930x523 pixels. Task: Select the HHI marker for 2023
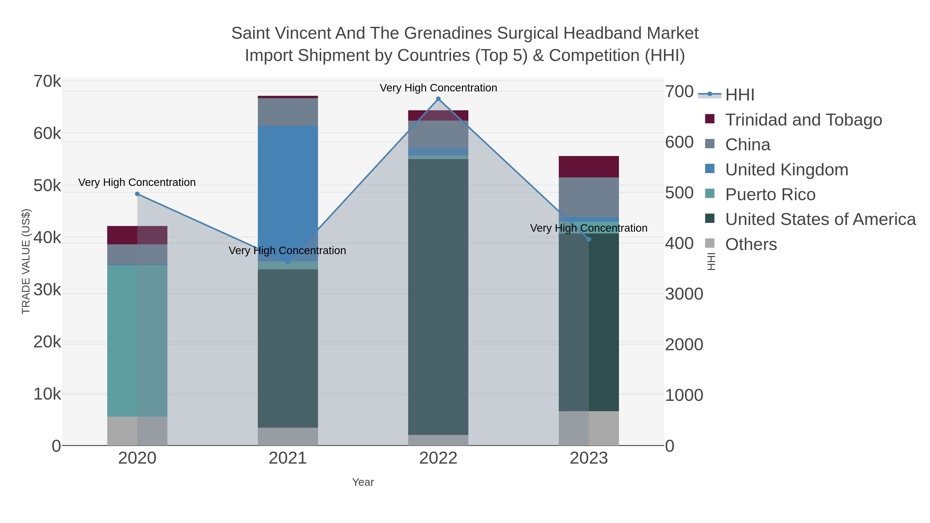pyautogui.click(x=589, y=239)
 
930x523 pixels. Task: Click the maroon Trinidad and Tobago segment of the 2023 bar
pyautogui.click(x=589, y=167)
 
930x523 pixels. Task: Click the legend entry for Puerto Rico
pyautogui.click(x=770, y=194)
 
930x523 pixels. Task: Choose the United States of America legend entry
pyautogui.click(x=820, y=220)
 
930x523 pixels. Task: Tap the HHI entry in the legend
pyautogui.click(x=739, y=95)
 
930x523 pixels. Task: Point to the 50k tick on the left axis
pyautogui.click(x=47, y=186)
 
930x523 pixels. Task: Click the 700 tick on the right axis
pyautogui.click(x=679, y=92)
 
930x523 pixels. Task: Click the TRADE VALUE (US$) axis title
pyautogui.click(x=26, y=261)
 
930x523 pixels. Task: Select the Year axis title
pyautogui.click(x=363, y=482)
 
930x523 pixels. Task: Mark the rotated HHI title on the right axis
pyautogui.click(x=711, y=261)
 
